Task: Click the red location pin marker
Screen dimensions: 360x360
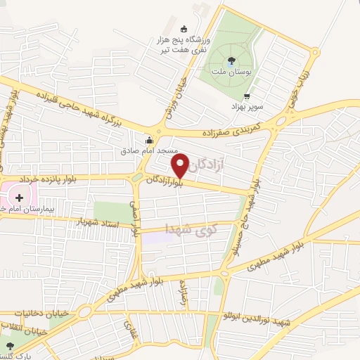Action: pyautogui.click(x=181, y=166)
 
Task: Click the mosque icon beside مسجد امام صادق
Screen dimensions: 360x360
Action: pyautogui.click(x=148, y=139)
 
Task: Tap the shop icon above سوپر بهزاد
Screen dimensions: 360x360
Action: pyautogui.click(x=246, y=96)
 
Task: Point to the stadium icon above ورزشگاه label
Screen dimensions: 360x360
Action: pyautogui.click(x=184, y=30)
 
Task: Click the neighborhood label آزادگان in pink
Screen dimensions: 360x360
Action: pyautogui.click(x=209, y=165)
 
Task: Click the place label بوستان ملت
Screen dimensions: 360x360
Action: pyautogui.click(x=233, y=74)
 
